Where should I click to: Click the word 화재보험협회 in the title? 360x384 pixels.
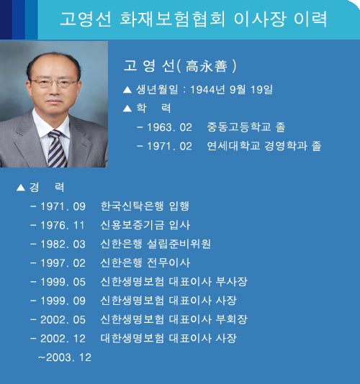[172, 19]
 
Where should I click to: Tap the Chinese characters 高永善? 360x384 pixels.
[206, 66]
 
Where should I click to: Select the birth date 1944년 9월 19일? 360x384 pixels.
[231, 89]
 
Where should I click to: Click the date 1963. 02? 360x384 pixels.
[169, 127]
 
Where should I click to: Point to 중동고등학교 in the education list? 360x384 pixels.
[239, 127]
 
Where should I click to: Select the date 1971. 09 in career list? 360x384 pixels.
[63, 206]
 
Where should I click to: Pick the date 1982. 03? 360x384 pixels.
[63, 244]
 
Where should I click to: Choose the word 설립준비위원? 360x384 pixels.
[179, 244]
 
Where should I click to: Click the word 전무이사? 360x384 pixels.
[168, 262]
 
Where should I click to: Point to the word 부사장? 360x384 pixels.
[232, 282]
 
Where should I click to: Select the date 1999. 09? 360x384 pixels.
[63, 301]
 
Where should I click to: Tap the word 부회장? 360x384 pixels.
[232, 319]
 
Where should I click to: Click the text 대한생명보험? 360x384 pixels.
[132, 338]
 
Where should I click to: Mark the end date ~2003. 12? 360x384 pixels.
[65, 357]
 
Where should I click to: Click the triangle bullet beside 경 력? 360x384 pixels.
[21, 188]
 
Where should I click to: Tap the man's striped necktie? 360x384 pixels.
[57, 149]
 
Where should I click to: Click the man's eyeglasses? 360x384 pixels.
[54, 83]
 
